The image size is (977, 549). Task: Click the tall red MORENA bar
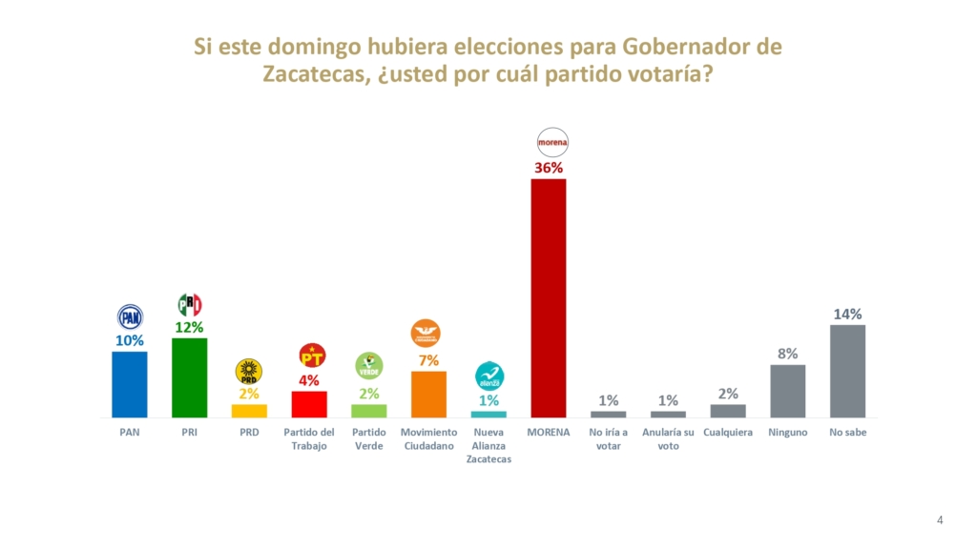[548, 297]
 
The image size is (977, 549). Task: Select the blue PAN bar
[130, 383]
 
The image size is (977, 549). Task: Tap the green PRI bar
[189, 376]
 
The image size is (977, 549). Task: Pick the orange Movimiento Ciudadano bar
[428, 394]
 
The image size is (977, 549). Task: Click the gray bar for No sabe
[847, 371]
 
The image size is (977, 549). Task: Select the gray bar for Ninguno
[787, 391]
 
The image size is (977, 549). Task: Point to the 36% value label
[548, 167]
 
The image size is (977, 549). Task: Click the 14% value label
[847, 314]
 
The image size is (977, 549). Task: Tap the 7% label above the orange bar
[428, 360]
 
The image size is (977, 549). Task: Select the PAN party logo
[130, 316]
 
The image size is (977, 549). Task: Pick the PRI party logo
[189, 305]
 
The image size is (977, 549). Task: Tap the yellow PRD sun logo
[248, 372]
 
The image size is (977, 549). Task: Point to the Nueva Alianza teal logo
[488, 376]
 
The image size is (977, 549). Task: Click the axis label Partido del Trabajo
[309, 438]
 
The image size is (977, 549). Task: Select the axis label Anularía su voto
[668, 438]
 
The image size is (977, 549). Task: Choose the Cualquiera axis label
[728, 432]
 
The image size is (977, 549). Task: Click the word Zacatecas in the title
[311, 76]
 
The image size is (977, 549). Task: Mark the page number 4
[940, 519]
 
